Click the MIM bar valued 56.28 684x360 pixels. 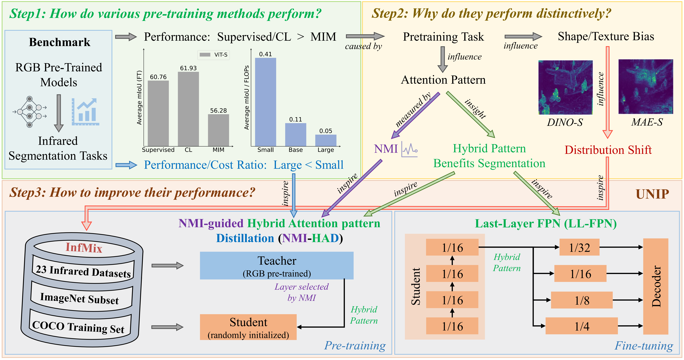(x=218, y=130)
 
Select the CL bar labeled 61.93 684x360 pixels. (x=188, y=109)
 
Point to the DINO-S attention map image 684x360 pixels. (x=565, y=87)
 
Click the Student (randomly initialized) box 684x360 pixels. (x=248, y=327)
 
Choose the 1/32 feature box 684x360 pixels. (x=579, y=247)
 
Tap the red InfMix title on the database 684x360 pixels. (x=84, y=248)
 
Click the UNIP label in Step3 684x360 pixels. (x=652, y=194)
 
